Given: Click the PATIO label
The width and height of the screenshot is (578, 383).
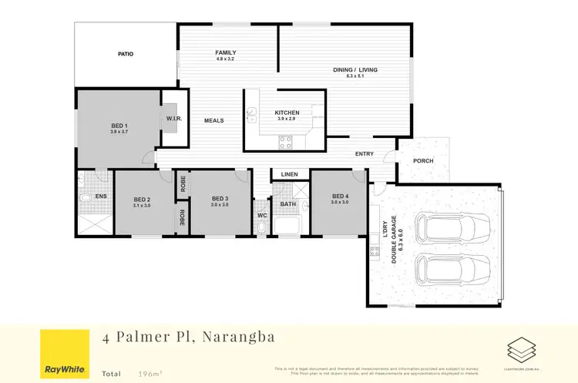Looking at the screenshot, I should (x=126, y=55).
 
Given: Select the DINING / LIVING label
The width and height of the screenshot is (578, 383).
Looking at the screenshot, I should (x=355, y=70).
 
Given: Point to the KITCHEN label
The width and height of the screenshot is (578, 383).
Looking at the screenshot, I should (x=287, y=113).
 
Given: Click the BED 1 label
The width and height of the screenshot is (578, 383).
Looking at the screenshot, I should (x=119, y=126).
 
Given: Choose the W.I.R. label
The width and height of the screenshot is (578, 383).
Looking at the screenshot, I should (x=173, y=119).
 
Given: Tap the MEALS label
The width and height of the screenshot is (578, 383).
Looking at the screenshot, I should (x=213, y=120).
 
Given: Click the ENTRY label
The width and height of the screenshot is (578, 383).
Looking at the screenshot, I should (x=365, y=154).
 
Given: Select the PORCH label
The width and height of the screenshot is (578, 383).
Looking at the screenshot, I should (x=423, y=162).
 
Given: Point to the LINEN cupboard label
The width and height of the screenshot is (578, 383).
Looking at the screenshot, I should (x=289, y=174).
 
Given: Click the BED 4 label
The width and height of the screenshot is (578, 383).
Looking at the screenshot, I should (x=340, y=197).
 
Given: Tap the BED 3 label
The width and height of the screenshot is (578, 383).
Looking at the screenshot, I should (x=220, y=200).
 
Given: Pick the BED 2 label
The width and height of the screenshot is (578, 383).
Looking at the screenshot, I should (x=142, y=199).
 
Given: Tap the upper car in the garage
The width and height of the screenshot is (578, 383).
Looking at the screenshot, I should (x=454, y=227).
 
